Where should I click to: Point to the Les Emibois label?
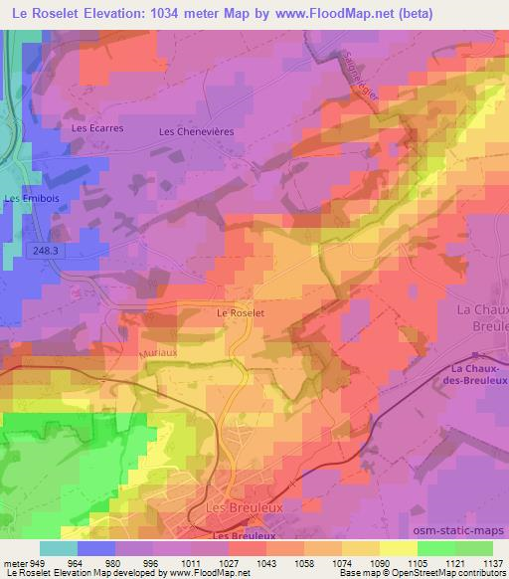click(x=27, y=198)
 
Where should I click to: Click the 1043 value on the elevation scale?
click(x=265, y=562)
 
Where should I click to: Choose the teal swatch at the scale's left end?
click(x=59, y=548)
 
